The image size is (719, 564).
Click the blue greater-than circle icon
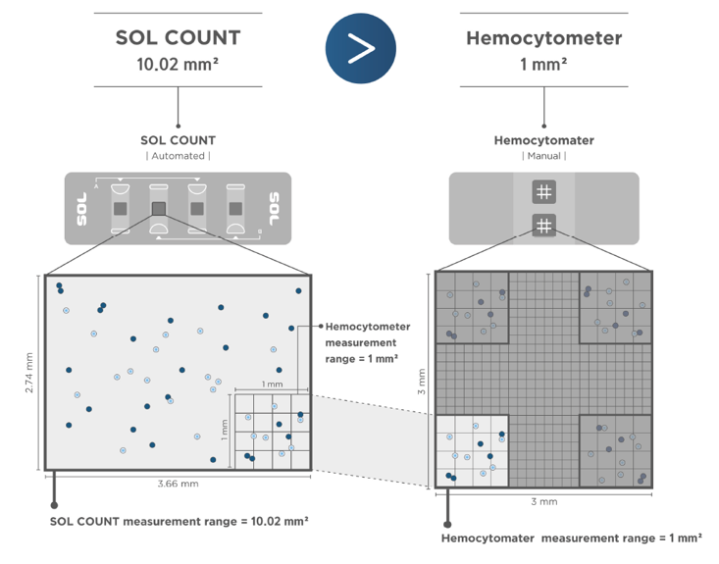coord(360,48)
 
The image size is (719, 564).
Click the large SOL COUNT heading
coord(178,38)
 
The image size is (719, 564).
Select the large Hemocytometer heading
coord(543,38)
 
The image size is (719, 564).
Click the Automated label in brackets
coord(178,156)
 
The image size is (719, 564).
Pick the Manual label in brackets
coord(543,156)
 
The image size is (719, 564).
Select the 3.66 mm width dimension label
coord(178,484)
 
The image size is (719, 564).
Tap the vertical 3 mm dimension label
coord(422,380)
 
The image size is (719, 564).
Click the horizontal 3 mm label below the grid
coord(543,501)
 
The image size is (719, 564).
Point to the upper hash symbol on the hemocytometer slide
coord(543,192)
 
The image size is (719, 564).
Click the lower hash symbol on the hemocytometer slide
coord(543,226)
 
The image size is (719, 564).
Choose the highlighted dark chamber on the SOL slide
coord(158,208)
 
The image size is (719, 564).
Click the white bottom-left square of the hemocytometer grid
coord(472,449)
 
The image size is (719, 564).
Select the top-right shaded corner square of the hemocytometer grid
coord(615,307)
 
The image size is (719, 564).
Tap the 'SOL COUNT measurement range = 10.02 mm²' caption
coord(179,520)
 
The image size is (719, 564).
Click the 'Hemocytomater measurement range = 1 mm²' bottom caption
coord(572,538)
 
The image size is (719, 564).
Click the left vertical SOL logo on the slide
coord(81,208)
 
